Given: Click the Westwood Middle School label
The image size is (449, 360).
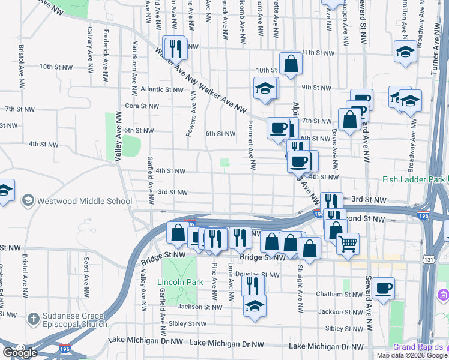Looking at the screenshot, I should coord(84,201).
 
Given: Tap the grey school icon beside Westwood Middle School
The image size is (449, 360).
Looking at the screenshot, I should coord(27,200).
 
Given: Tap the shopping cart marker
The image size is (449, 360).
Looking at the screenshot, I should coord(347,244).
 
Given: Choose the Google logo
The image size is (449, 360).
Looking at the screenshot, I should coord(20,352).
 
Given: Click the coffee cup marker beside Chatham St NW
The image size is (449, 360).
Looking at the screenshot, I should coord(382,289).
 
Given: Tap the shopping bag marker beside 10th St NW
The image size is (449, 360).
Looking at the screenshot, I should coord(291,66).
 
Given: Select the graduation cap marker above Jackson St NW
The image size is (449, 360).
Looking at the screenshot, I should coord(255,305).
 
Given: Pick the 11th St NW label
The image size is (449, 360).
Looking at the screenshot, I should coord(317,53).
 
